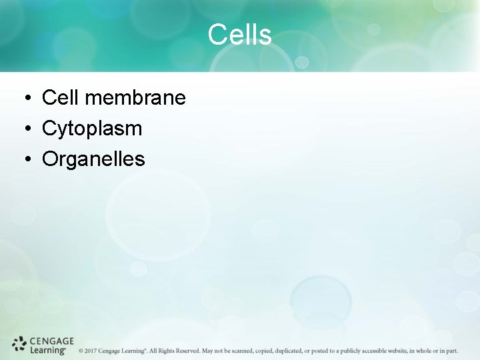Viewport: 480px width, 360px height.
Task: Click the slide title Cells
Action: coord(239,35)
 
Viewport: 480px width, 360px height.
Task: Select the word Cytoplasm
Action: coord(92,129)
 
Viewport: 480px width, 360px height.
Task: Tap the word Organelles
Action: coord(93,159)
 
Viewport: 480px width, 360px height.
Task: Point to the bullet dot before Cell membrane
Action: coord(24,99)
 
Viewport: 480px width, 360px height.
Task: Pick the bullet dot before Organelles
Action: coord(24,160)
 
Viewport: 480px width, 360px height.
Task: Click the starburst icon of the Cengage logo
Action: coord(19,345)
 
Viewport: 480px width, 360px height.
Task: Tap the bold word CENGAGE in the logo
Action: coord(51,341)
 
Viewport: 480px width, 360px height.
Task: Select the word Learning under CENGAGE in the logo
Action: coord(47,350)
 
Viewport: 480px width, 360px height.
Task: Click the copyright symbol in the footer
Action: coord(81,351)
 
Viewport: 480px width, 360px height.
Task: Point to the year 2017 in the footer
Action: coord(91,351)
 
